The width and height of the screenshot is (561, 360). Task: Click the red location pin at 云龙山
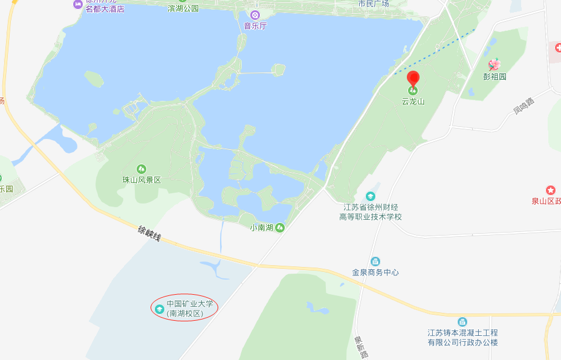[x=413, y=79]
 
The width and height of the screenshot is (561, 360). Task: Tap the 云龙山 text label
[x=413, y=101]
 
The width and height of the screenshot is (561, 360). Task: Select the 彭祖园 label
[x=495, y=77]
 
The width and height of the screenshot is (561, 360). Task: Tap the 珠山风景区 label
[x=141, y=180]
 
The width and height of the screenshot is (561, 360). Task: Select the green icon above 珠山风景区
[x=141, y=169]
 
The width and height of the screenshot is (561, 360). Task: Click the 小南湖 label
[x=262, y=228]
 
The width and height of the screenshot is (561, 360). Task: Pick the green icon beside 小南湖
[x=280, y=228]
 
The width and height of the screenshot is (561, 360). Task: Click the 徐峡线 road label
[x=149, y=233]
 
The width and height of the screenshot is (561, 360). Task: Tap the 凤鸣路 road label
[x=524, y=106]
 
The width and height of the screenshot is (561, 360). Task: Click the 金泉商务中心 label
[x=375, y=272]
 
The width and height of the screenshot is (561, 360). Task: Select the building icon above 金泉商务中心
[x=375, y=261]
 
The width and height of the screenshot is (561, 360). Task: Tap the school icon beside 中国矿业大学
[x=160, y=309]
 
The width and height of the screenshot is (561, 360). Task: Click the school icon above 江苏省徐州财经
[x=370, y=196]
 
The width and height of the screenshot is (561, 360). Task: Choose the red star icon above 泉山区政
[x=551, y=190]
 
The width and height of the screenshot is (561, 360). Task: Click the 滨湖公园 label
[x=183, y=8]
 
